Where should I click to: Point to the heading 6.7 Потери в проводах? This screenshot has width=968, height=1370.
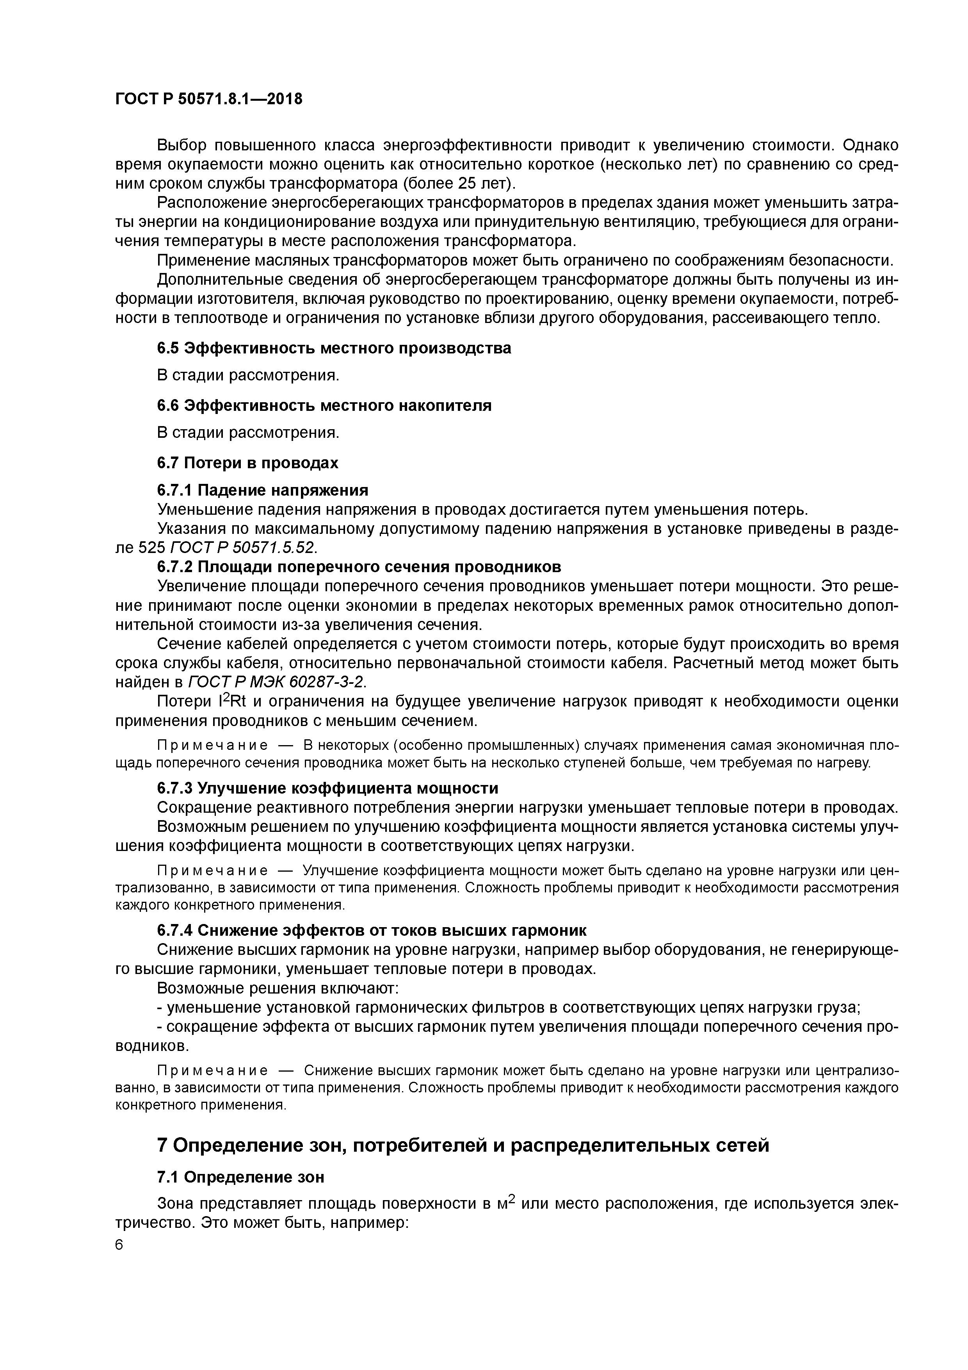pyautogui.click(x=247, y=463)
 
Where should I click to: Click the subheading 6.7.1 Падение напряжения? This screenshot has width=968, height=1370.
pyautogui.click(x=262, y=491)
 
